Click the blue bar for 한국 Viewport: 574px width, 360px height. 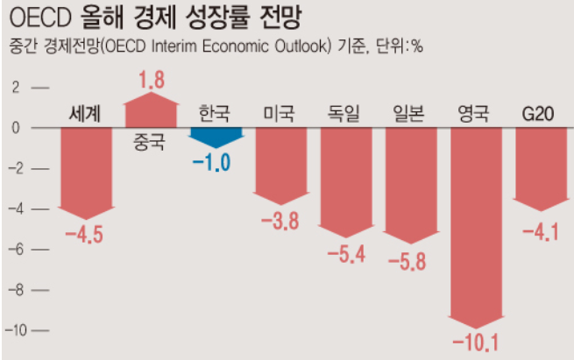click(x=216, y=136)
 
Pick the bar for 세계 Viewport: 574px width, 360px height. click(x=85, y=171)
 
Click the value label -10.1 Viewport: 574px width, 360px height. click(x=475, y=340)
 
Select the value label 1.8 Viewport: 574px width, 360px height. click(x=151, y=81)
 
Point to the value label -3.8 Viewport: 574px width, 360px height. click(x=280, y=221)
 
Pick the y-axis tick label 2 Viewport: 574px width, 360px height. click(x=14, y=88)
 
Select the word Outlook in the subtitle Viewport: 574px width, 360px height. click(x=298, y=46)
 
